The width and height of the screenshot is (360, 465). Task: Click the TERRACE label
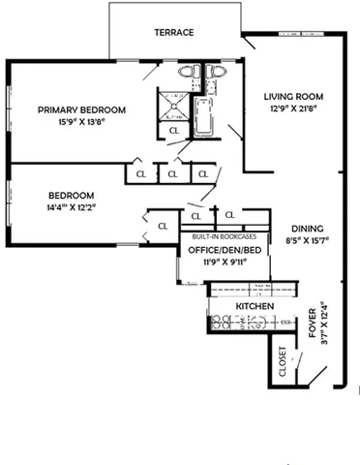tap(174, 32)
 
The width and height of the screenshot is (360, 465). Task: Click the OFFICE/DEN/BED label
tap(219, 249)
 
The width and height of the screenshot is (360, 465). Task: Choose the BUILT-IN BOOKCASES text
tap(224, 236)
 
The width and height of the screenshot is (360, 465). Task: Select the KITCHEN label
tap(255, 306)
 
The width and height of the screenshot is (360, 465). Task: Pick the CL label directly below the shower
tap(174, 129)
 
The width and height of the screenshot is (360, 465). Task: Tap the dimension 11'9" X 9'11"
tap(219, 262)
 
